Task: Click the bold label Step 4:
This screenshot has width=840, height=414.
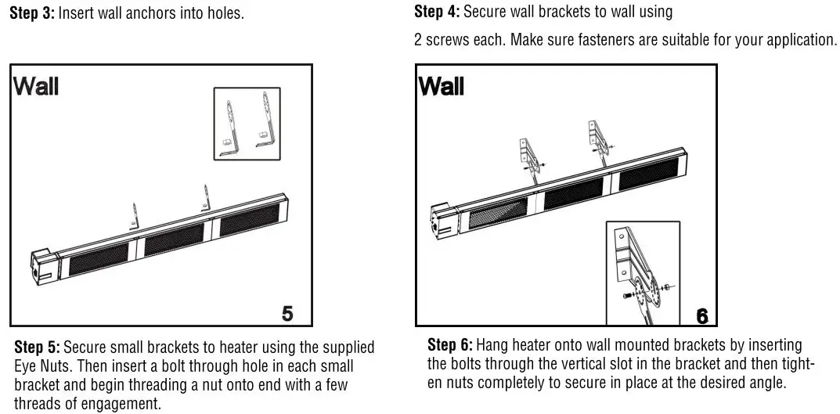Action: (x=438, y=12)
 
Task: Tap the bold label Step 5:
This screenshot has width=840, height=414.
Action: (x=38, y=347)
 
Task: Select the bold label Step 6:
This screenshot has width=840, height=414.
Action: (x=450, y=345)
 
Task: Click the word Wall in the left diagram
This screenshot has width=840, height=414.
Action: (x=35, y=86)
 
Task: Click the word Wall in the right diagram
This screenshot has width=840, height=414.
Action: (x=442, y=86)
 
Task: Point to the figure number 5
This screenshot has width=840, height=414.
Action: (x=287, y=313)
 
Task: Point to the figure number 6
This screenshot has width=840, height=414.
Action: (x=702, y=315)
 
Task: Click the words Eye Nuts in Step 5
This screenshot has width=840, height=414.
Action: (x=40, y=365)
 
